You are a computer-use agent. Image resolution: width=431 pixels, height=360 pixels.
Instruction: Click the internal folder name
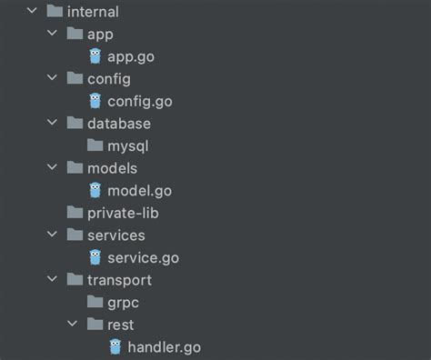tap(93, 13)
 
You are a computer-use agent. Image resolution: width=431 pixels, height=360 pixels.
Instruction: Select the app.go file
tap(131, 56)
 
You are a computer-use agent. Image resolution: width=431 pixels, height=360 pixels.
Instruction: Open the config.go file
tap(140, 101)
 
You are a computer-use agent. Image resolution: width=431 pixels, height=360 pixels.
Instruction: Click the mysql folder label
tap(127, 145)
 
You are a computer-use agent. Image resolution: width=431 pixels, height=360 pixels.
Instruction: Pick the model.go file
tap(139, 190)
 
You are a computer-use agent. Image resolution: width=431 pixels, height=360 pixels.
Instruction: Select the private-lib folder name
tap(125, 213)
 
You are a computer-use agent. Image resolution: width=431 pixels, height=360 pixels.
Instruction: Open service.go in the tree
tap(143, 257)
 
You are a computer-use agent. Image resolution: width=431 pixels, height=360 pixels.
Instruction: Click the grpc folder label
tap(124, 302)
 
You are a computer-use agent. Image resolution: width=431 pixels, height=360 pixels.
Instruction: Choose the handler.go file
tap(164, 346)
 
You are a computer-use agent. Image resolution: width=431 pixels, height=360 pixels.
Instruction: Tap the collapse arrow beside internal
tap(33, 13)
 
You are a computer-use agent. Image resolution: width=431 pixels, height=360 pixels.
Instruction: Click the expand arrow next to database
tap(53, 123)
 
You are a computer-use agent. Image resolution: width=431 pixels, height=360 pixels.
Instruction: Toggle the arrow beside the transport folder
tap(53, 280)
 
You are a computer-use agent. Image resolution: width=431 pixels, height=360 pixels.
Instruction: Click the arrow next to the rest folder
tap(73, 324)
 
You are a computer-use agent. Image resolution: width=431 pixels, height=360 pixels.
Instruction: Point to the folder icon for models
tap(75, 168)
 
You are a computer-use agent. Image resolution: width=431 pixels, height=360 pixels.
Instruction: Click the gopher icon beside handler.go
tap(115, 346)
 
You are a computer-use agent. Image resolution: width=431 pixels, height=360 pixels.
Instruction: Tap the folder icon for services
tap(75, 235)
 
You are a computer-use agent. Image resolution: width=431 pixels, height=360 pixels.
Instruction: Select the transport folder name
tap(119, 280)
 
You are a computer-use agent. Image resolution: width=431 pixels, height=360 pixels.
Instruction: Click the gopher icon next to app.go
tap(95, 56)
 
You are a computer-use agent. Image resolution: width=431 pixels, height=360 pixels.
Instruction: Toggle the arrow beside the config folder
tap(53, 79)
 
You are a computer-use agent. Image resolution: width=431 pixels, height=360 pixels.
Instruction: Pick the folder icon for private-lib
tap(75, 213)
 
